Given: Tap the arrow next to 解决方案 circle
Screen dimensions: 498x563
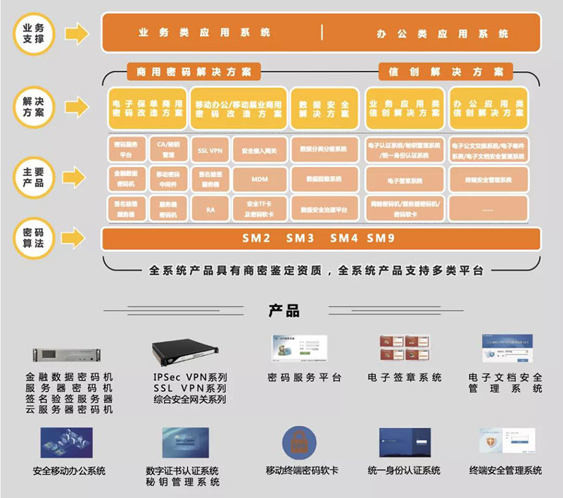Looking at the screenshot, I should pos(76,107).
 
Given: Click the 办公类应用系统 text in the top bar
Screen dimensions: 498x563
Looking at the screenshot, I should pos(442,33).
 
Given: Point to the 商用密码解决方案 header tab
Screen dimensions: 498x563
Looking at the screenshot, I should pos(194,72).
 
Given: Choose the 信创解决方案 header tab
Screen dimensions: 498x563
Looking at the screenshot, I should pos(445,72).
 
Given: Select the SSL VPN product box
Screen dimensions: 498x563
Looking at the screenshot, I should pos(210,150).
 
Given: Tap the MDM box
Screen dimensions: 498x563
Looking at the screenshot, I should pos(260,180).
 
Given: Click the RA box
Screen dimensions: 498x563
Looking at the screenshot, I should pos(210,209).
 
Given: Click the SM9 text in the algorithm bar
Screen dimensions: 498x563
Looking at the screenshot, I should pos(381,238).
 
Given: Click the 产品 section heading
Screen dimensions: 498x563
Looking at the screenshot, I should pos(284,311).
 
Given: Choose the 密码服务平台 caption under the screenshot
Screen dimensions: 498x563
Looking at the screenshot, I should pos(305,378).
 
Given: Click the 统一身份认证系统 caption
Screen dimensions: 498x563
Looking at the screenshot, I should pos(404,471).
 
